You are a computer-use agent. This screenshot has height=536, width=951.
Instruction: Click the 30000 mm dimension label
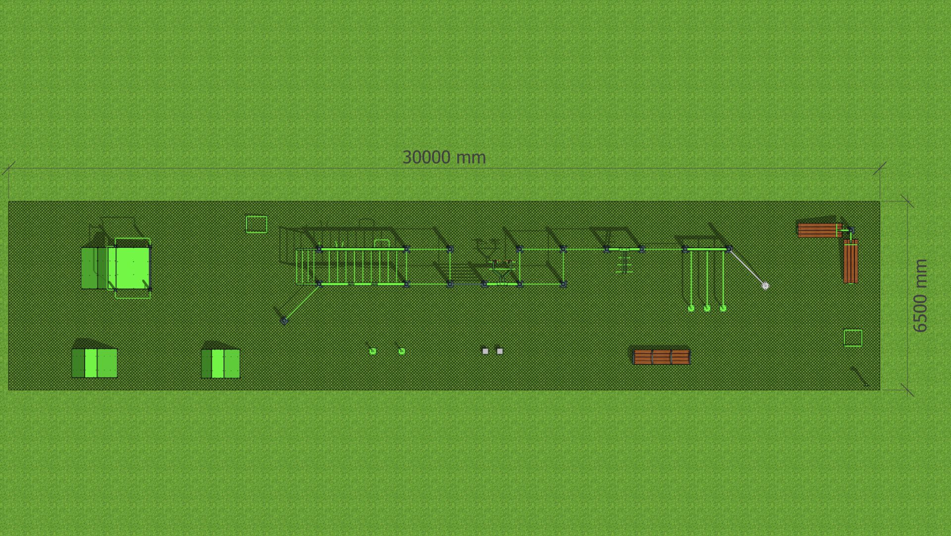444,158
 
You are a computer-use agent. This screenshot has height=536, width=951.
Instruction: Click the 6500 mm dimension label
920,295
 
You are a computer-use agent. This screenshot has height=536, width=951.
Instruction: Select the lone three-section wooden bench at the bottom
661,357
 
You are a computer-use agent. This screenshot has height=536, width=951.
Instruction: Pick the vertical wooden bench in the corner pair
851,261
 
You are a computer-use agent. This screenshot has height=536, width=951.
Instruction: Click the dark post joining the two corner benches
850,230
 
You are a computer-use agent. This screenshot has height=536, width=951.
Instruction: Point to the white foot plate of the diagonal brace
765,286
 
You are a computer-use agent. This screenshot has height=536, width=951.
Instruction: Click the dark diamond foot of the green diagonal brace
284,321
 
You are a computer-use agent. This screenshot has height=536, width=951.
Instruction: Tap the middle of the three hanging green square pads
707,309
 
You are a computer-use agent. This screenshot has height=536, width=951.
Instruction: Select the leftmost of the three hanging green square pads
691,309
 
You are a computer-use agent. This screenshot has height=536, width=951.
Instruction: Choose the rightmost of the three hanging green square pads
723,309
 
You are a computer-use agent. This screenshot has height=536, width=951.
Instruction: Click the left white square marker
485,351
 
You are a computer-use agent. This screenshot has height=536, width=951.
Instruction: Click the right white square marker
500,351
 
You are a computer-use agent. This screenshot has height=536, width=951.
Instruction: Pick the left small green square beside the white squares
373,351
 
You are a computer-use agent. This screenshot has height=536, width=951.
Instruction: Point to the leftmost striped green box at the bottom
95,363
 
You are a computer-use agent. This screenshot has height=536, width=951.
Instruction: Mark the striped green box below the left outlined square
220,364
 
